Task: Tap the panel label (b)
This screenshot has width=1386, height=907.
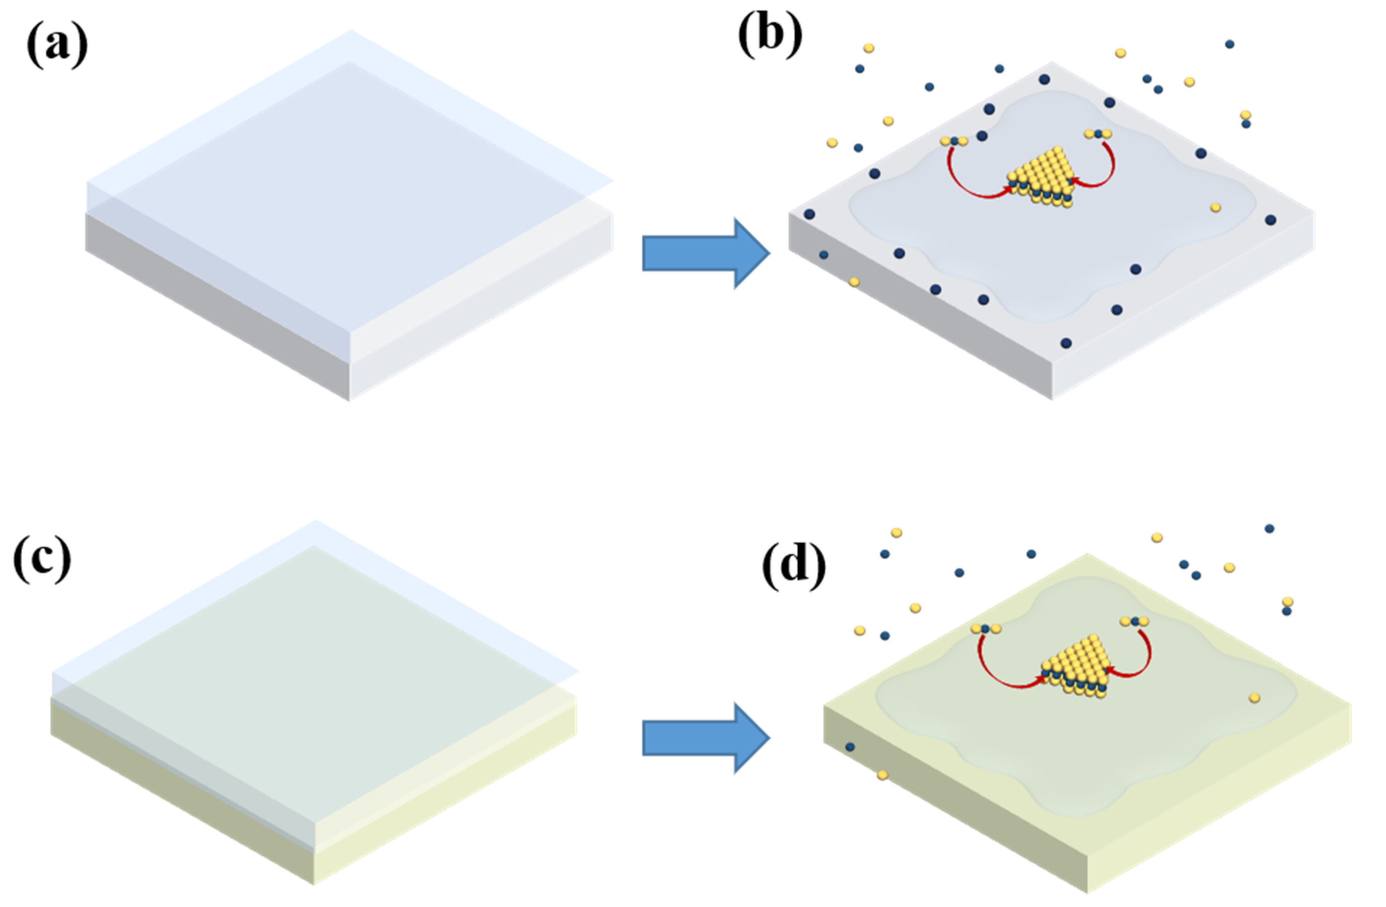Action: [770, 35]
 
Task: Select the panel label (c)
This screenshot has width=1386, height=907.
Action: [42, 559]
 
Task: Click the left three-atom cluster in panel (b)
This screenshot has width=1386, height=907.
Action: [954, 141]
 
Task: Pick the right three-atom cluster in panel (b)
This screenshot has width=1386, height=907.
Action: [1098, 134]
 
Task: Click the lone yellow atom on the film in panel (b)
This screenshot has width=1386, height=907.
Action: [1216, 207]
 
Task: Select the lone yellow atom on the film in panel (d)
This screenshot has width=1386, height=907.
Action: [1254, 698]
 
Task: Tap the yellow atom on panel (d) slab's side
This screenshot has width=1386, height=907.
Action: [882, 775]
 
